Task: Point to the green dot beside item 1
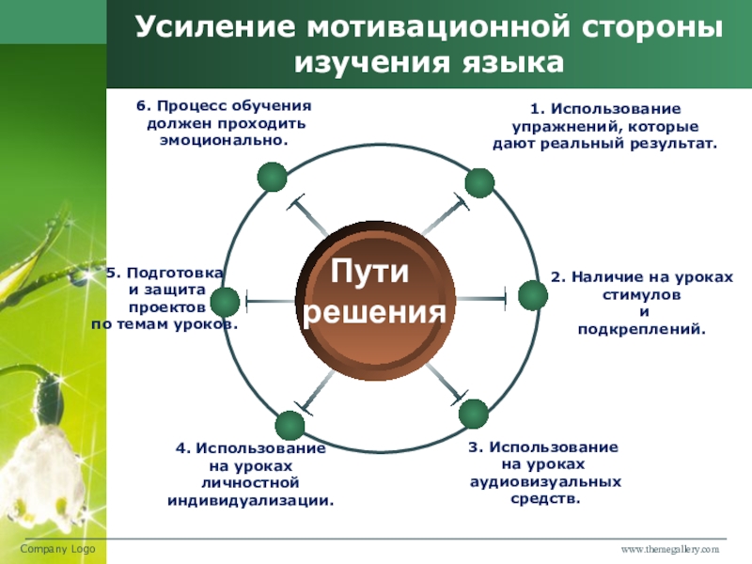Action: [479, 183]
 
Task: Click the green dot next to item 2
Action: [532, 296]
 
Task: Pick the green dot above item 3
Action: [473, 414]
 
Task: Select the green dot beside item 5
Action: [225, 302]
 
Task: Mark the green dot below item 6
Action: [272, 176]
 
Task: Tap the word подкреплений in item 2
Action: [640, 330]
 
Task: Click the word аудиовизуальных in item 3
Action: [545, 481]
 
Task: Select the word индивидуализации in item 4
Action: [250, 500]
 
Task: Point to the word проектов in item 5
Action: [161, 306]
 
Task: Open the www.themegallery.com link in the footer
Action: [668, 548]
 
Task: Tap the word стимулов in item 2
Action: [640, 295]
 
